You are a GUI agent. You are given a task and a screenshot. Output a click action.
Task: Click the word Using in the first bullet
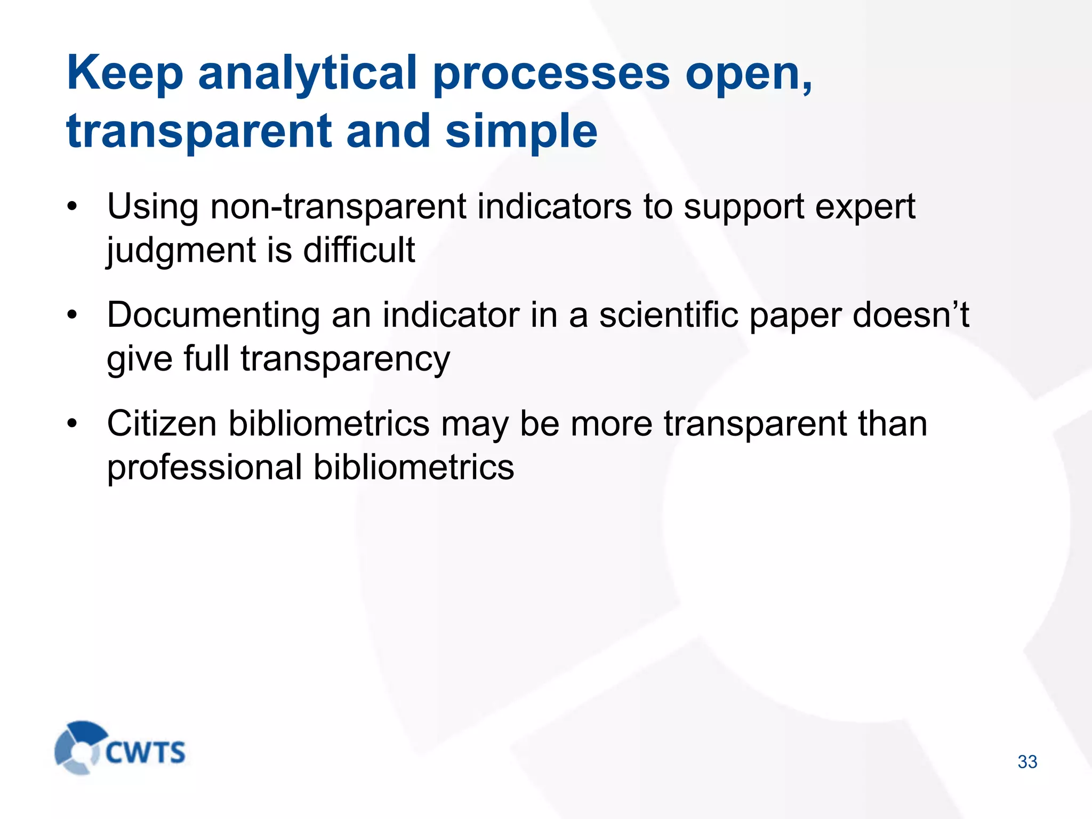click(152, 207)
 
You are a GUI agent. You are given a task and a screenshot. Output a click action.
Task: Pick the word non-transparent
click(339, 207)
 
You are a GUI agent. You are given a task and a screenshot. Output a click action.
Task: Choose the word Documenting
click(213, 316)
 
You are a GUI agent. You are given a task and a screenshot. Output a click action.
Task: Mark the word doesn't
click(911, 315)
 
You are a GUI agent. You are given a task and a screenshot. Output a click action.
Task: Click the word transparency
click(345, 359)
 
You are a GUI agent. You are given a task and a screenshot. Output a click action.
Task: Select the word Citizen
click(162, 424)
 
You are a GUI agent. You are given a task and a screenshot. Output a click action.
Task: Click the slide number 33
click(1027, 762)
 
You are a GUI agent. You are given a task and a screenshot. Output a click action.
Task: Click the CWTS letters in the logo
click(145, 753)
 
